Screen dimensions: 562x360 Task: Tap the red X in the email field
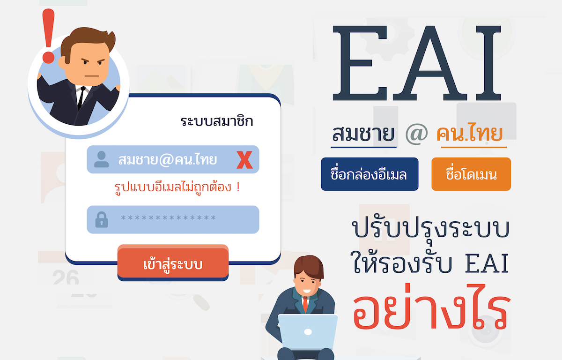point(244,160)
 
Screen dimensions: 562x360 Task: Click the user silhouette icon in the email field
point(101,159)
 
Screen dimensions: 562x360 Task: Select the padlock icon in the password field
point(102,220)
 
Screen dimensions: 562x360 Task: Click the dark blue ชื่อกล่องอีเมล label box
point(370,174)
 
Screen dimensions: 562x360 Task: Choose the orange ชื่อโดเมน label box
point(471,174)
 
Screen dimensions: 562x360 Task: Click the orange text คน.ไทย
point(469,133)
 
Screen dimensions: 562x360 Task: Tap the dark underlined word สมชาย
point(363,134)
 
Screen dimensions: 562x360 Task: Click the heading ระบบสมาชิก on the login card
point(216,121)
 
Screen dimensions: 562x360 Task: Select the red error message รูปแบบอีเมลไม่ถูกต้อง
point(177,187)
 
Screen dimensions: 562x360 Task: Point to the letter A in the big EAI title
point(429,63)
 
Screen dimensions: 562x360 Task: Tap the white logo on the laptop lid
point(308,332)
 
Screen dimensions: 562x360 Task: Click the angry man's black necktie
point(81,97)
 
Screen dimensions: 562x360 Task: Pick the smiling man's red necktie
point(305,304)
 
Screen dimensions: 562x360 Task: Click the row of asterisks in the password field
point(168,217)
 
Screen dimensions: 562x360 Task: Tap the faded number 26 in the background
point(66,277)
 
